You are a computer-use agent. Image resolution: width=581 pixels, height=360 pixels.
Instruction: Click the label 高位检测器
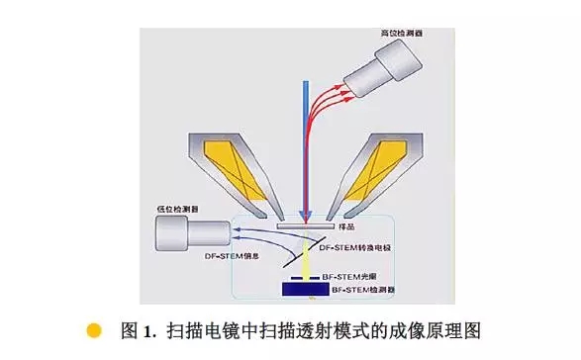[405, 33]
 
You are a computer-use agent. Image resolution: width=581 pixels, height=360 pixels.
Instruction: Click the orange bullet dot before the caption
[94, 329]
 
